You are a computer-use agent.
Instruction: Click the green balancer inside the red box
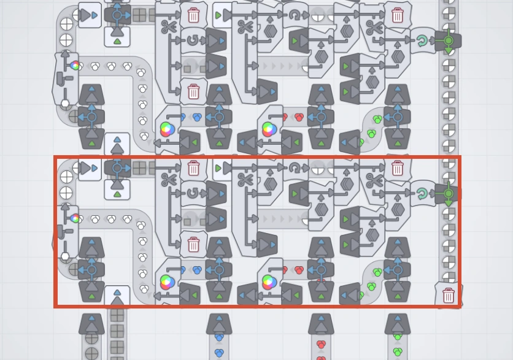click(x=449, y=193)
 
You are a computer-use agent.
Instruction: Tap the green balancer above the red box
click(x=449, y=40)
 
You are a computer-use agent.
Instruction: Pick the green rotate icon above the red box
click(x=422, y=41)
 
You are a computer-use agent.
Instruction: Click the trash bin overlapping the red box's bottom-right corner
click(x=449, y=296)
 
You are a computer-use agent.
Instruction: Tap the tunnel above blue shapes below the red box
click(x=219, y=323)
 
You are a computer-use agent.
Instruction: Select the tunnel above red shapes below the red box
click(x=321, y=323)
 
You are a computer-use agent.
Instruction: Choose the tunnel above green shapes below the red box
click(x=398, y=323)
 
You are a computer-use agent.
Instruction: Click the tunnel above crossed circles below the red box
click(x=91, y=323)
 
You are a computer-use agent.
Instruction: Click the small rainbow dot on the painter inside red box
click(x=75, y=218)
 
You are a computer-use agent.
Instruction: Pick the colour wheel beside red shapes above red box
click(x=268, y=129)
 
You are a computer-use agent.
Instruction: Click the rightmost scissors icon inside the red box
click(x=373, y=180)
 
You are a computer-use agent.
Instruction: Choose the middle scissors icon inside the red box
click(x=245, y=180)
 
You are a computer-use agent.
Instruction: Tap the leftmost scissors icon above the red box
click(x=168, y=26)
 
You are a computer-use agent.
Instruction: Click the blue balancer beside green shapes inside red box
click(x=398, y=269)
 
